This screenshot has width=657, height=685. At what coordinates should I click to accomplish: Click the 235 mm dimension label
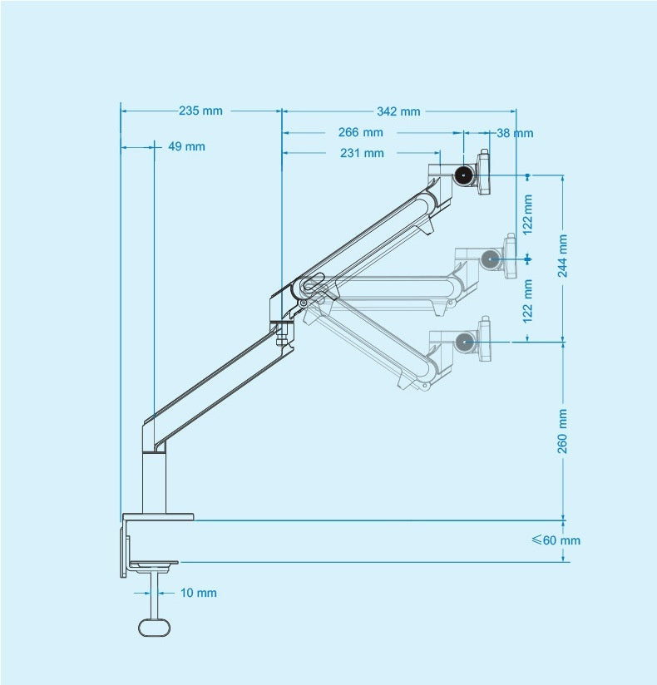200,111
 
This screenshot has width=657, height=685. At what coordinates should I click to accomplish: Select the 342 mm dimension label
398,111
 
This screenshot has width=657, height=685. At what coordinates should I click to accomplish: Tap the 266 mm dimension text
361,132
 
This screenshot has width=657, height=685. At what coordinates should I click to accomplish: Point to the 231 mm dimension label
362,153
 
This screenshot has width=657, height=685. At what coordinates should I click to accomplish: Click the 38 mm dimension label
515,133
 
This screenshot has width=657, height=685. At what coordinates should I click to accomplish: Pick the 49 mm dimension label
186,146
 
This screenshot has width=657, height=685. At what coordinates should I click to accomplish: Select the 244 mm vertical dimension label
563,255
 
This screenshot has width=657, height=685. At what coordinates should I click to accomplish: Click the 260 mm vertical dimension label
563,431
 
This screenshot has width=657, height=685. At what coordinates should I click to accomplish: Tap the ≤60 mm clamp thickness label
556,540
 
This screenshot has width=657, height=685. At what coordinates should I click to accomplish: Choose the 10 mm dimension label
199,593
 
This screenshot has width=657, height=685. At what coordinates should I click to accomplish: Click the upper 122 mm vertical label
528,213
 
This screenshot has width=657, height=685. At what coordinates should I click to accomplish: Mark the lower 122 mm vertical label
528,300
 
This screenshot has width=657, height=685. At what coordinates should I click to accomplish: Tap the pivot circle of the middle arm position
492,259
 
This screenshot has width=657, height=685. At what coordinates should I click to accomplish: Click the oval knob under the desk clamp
154,626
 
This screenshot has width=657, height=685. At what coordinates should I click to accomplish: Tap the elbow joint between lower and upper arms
309,287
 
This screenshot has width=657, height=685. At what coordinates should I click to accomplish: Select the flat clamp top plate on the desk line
158,517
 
